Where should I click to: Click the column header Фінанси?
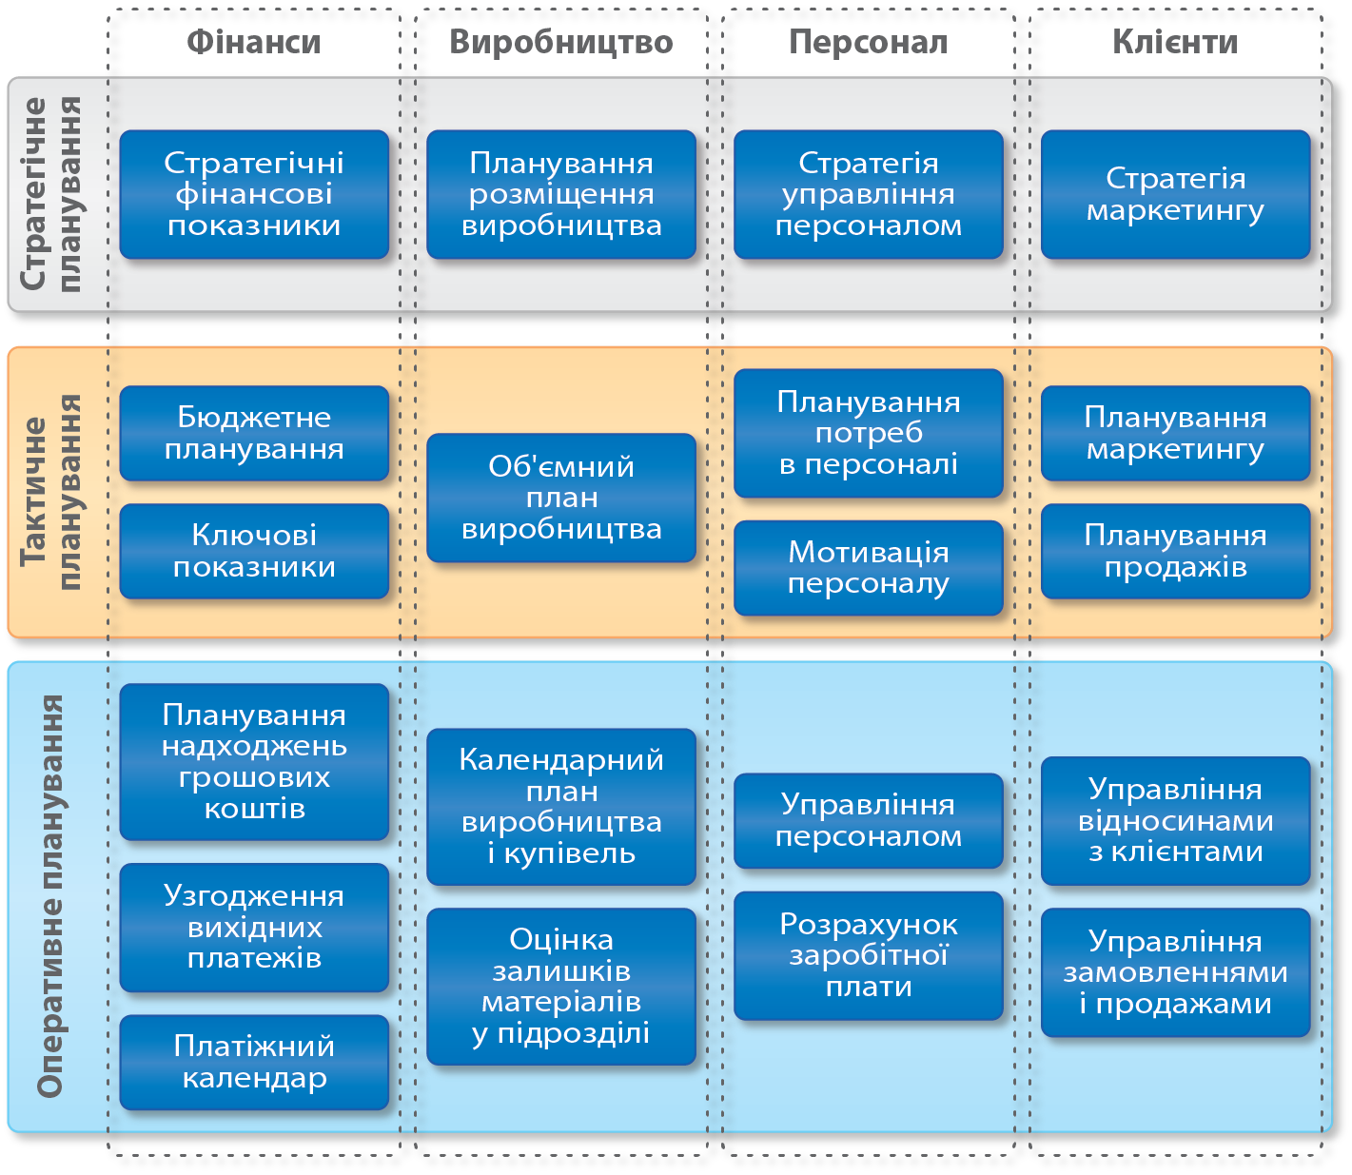(254, 43)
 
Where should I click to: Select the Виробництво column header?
(561, 43)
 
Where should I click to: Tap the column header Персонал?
(869, 43)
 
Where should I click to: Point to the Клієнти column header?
(1176, 43)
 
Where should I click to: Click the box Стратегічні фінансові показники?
(254, 194)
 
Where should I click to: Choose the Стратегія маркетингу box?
(1176, 194)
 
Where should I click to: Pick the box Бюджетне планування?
(254, 433)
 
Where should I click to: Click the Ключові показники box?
(254, 551)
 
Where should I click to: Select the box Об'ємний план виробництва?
(561, 498)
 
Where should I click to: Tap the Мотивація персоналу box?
(869, 567)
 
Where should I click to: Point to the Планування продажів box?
(1176, 551)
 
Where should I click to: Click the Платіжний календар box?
(254, 1062)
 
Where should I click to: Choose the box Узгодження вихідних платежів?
(254, 928)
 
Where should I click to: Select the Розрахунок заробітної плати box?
(869, 955)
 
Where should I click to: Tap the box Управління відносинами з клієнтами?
(1176, 821)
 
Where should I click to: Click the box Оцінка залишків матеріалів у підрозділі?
(561, 987)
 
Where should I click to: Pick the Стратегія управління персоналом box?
(869, 194)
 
